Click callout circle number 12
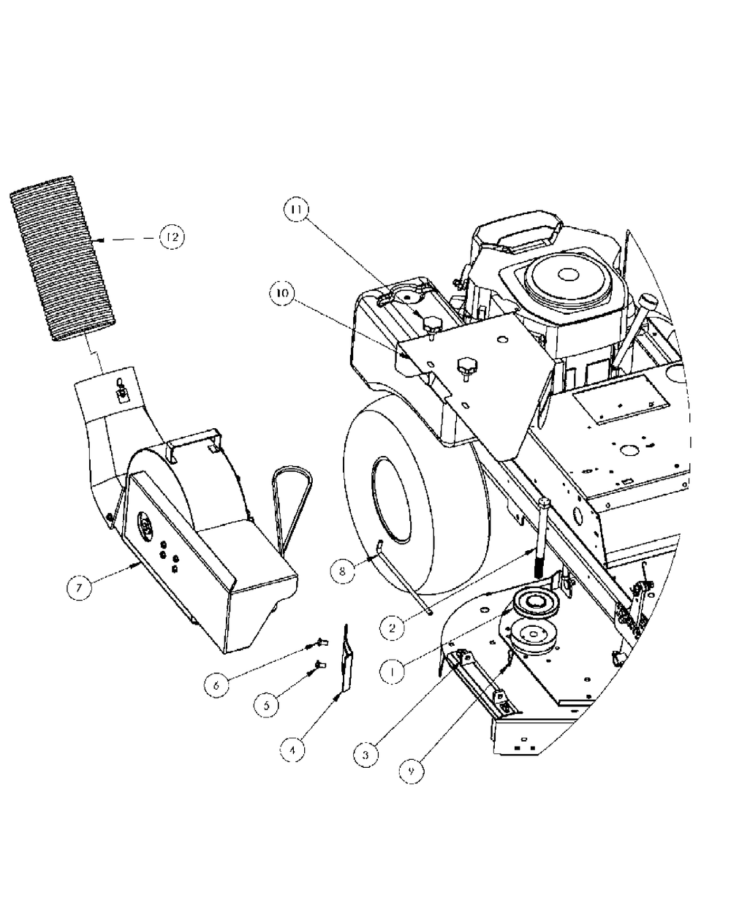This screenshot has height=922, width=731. pos(172,237)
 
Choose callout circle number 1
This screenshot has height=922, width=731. pos(393,671)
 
